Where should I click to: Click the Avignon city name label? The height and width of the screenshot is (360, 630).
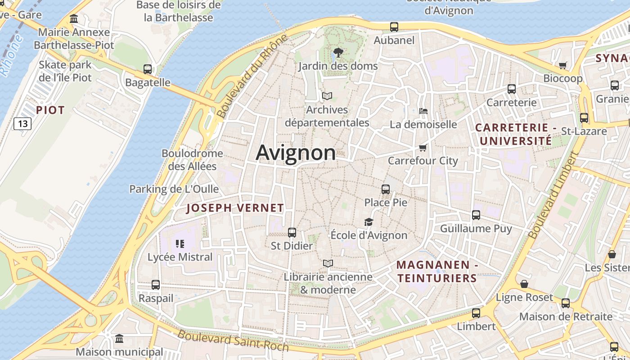click(296, 153)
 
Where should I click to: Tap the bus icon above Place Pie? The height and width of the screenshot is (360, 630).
click(386, 189)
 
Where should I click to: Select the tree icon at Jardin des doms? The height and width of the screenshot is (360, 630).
click(338, 53)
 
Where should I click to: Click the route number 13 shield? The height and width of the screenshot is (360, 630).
click(22, 123)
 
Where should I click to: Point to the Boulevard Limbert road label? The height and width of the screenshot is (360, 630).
click(553, 195)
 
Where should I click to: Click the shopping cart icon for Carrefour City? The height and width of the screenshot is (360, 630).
click(423, 148)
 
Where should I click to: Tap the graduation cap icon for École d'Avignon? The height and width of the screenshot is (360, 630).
click(369, 222)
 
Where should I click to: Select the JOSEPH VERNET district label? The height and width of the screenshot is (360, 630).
click(235, 208)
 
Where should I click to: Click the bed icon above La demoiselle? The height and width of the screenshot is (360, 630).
click(423, 111)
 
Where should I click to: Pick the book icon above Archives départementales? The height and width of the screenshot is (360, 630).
click(327, 96)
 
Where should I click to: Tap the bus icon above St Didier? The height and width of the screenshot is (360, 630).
click(292, 233)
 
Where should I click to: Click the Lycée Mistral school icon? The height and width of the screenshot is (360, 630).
click(180, 244)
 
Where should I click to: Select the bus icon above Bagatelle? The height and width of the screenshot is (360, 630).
click(148, 69)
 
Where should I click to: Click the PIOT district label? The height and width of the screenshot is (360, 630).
click(50, 110)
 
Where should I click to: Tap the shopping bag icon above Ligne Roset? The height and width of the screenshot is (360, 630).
click(524, 284)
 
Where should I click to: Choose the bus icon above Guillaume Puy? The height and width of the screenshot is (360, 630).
click(476, 215)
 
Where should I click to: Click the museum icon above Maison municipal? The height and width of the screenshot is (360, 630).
click(119, 338)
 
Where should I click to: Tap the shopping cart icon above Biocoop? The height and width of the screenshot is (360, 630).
click(562, 65)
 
